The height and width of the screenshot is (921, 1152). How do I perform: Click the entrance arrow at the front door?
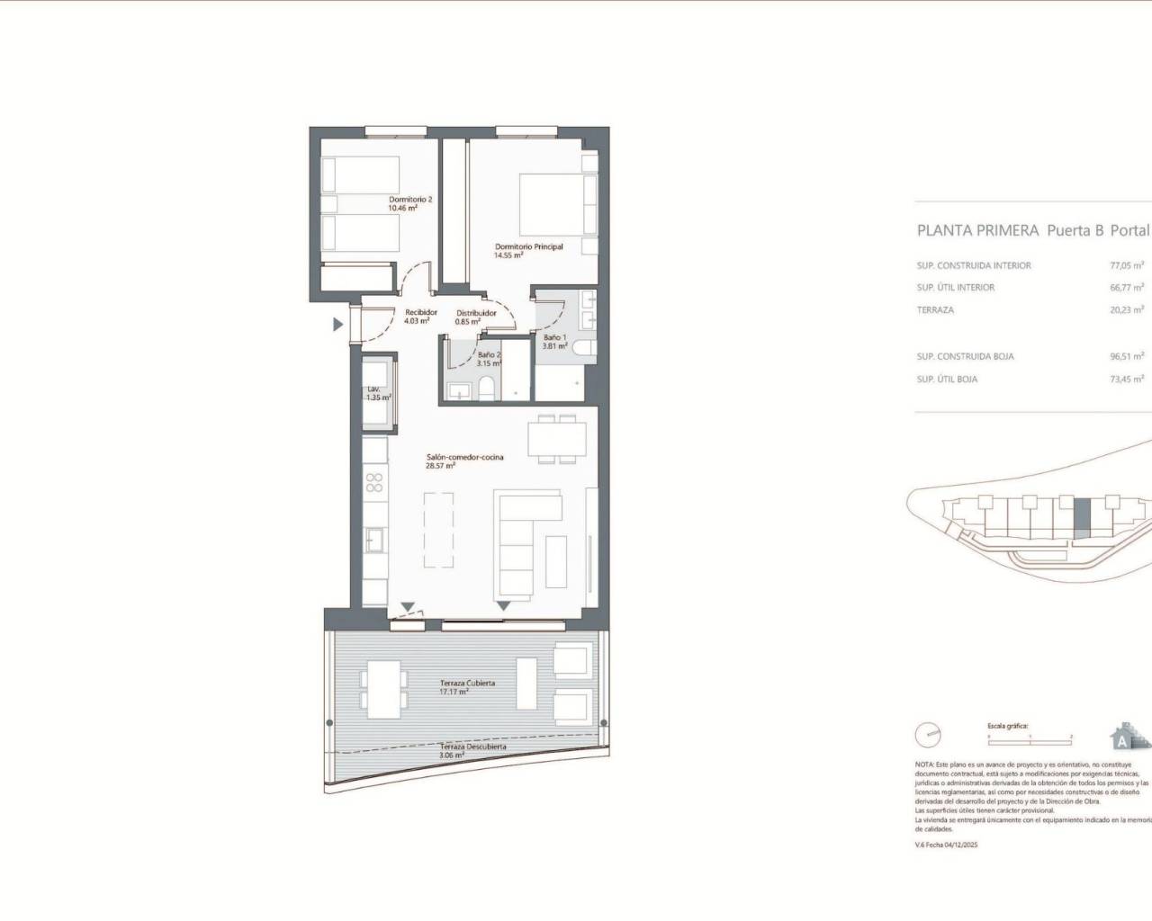coord(338,325)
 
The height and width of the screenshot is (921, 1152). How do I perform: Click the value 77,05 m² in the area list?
coord(1126,265)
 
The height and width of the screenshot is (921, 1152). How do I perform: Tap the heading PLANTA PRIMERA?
coord(976,230)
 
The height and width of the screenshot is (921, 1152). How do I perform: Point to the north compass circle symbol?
coord(927,735)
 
